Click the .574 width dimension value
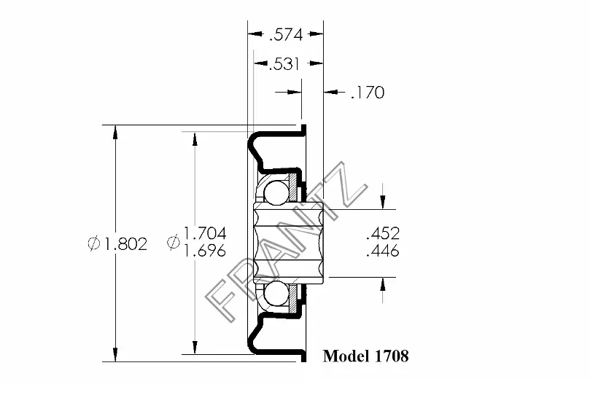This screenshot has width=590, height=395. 286,35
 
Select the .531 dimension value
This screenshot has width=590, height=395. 284,64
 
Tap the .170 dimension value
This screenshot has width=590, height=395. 368,93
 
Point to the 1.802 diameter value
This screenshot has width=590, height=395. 125,244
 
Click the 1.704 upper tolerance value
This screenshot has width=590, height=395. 205,233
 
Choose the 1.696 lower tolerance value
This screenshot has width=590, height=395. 205,250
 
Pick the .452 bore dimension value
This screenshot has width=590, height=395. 383,233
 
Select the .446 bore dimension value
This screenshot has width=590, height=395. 383,250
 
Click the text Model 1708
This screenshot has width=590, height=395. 365,356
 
